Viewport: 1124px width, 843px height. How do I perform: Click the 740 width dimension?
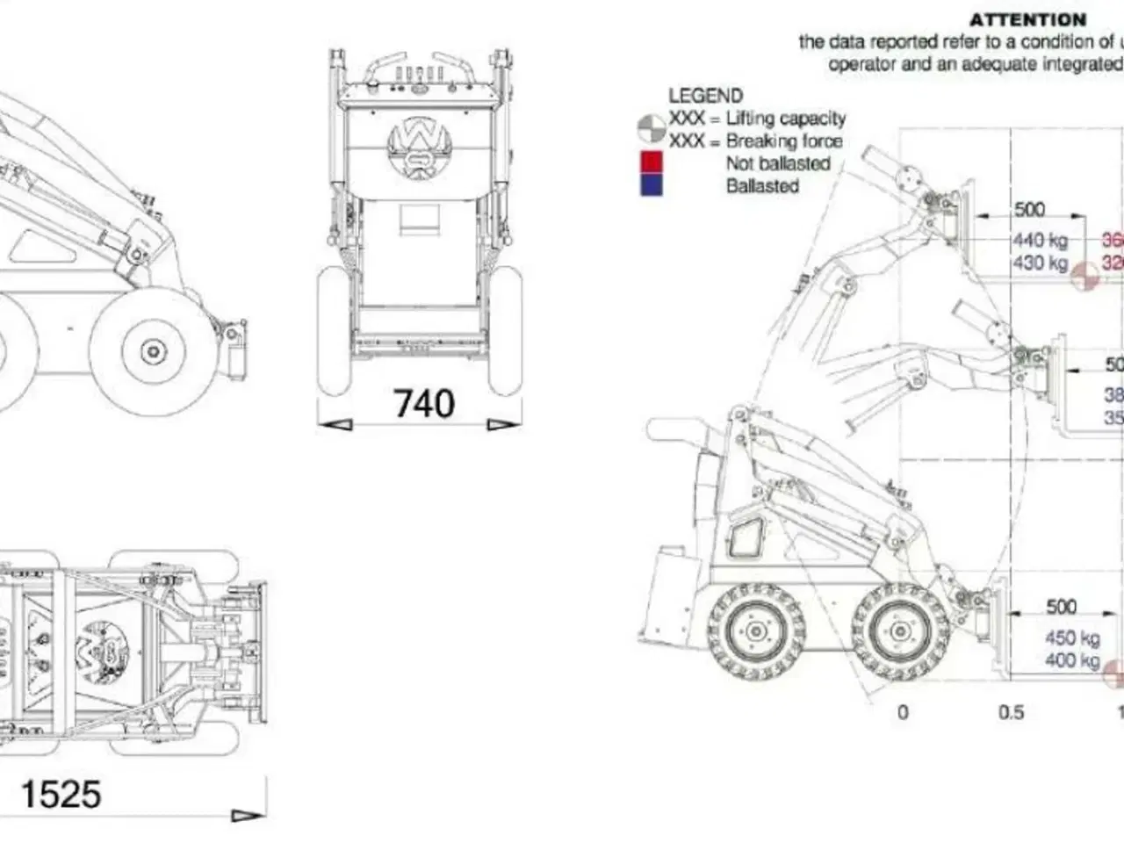(423, 403)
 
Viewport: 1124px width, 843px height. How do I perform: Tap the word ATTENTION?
(1027, 19)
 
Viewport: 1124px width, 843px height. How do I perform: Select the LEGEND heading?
(705, 96)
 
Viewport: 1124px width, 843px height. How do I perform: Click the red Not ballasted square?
(652, 162)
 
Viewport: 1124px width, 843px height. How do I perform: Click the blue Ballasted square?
(652, 184)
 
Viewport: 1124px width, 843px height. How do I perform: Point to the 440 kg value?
(1041, 240)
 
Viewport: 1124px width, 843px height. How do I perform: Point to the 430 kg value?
(1041, 263)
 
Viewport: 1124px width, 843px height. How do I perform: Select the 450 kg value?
(1072, 638)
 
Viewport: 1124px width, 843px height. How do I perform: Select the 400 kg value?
(1072, 660)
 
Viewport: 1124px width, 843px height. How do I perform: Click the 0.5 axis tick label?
(1012, 712)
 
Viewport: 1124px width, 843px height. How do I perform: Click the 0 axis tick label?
(903, 712)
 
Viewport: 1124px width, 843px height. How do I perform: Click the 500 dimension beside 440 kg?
(1029, 209)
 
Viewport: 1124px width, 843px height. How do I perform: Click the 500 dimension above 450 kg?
(1061, 607)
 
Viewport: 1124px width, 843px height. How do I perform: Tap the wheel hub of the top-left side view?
(154, 351)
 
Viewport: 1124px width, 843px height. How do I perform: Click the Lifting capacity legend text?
(785, 119)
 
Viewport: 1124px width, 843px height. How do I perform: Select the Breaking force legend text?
(783, 140)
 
